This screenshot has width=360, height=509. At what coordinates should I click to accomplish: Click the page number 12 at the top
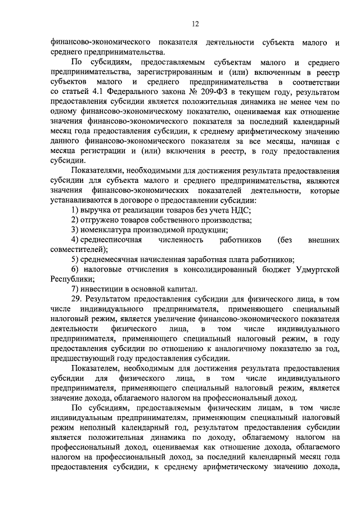(195, 24)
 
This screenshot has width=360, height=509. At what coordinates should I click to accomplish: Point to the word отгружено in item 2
(102, 220)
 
